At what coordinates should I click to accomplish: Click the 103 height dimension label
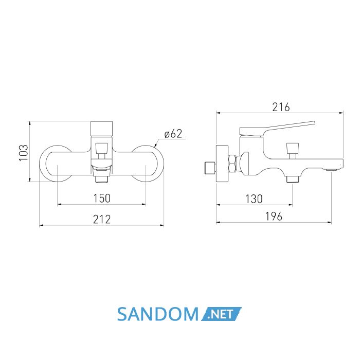24,153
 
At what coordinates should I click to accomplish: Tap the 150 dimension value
102,199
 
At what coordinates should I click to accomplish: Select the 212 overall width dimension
102,219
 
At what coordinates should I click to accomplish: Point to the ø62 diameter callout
173,134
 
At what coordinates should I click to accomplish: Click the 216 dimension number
281,107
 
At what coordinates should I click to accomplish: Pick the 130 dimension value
254,199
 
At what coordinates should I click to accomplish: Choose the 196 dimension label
274,217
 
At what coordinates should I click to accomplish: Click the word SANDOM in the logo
158,314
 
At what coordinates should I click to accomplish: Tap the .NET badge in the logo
221,314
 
